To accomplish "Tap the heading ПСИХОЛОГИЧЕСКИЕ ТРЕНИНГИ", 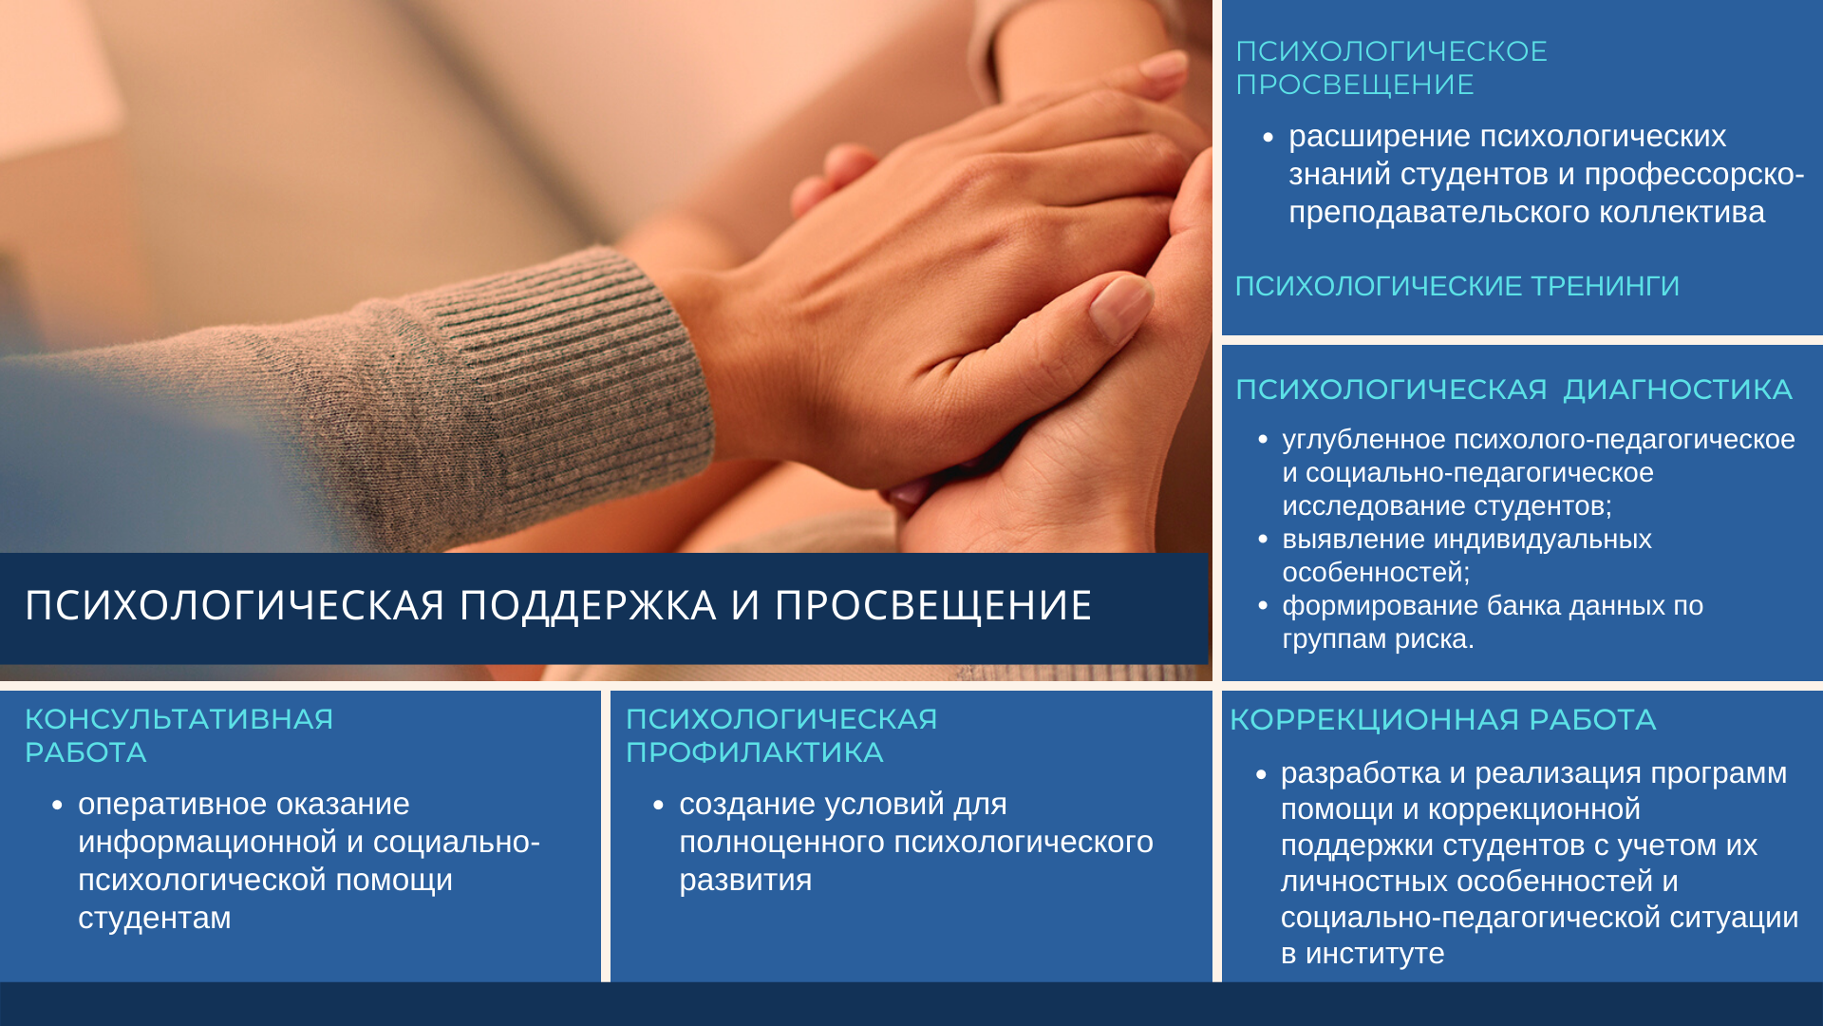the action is tap(1457, 286).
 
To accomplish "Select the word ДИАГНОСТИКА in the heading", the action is tap(1677, 389).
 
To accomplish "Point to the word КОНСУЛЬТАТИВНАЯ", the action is tap(179, 719).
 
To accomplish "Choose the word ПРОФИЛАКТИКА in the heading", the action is tap(755, 752).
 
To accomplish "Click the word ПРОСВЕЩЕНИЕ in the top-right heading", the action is tap(1355, 85).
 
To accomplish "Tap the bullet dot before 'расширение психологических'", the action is tap(1269, 138).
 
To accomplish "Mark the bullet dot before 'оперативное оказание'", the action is tap(58, 806).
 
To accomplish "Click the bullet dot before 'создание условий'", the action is tap(659, 806).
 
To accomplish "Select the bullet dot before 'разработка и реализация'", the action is tap(1261, 775).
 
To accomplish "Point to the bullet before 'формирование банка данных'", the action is tap(1263, 606).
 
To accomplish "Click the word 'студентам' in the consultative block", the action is tap(155, 919).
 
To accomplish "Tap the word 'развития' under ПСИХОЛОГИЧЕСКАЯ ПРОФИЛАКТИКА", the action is tap(745, 881).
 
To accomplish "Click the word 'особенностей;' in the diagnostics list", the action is tap(1376, 573).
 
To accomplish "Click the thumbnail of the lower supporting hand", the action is tap(1120, 306).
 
